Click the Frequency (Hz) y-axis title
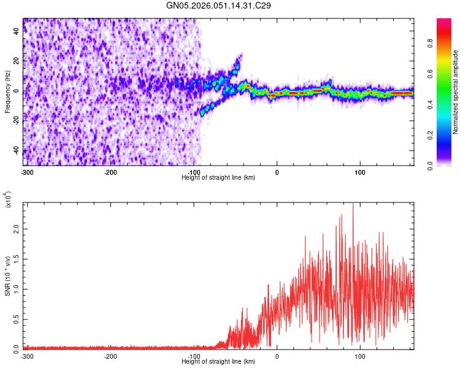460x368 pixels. [7, 92]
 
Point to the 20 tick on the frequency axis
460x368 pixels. [17, 61]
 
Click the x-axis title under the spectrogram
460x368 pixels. [218, 177]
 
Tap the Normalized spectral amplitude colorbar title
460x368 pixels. [456, 92]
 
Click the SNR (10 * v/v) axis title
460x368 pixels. [7, 275]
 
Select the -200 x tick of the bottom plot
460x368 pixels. [110, 356]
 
